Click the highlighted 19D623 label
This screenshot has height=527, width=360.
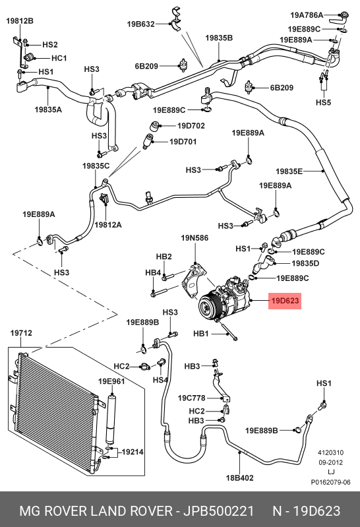285,301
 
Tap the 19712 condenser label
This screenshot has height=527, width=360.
21,333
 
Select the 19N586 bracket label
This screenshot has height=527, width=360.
195,238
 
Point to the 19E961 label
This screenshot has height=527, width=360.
111,381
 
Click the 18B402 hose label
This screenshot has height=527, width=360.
239,478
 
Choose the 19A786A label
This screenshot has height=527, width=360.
307,15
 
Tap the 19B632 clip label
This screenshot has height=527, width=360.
140,24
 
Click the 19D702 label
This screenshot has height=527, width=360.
191,126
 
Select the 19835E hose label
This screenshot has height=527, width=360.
289,171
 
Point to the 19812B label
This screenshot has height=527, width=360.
20,21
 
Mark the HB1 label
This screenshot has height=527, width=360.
201,334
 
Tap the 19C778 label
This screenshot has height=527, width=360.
192,398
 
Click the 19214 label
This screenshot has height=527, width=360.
133,452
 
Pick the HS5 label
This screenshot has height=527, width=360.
323,102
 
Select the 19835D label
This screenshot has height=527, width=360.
305,263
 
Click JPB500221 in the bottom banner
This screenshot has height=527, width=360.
218,511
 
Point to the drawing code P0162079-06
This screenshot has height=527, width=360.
330,482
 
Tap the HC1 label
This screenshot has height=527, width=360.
59,58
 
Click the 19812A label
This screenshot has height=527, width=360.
108,225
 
